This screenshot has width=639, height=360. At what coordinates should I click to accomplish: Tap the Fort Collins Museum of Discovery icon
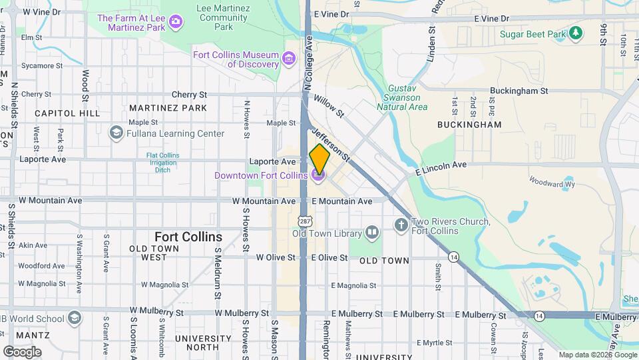click(x=289, y=59)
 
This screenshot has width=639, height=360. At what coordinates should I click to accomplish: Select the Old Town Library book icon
click(x=371, y=233)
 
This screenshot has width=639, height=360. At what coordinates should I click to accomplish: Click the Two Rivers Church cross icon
click(x=401, y=225)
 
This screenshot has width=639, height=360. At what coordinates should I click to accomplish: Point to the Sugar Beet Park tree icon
click(x=576, y=33)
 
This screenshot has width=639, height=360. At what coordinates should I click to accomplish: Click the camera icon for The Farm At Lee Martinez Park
click(x=175, y=22)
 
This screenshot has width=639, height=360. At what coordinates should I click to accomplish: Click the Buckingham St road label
click(x=519, y=91)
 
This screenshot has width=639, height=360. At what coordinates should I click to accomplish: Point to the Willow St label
click(x=329, y=105)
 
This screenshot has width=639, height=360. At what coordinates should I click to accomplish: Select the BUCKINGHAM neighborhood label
click(x=469, y=125)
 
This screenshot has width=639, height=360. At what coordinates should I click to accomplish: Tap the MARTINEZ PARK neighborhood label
click(x=168, y=108)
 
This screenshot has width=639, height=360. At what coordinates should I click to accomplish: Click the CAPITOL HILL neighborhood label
click(x=67, y=113)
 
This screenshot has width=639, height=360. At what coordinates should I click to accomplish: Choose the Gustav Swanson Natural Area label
click(x=402, y=97)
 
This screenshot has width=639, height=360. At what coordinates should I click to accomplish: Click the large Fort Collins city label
click(x=188, y=237)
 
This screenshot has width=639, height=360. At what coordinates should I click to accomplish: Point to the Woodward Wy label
click(x=552, y=181)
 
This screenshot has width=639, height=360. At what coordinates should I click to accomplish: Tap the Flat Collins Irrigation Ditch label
click(x=162, y=163)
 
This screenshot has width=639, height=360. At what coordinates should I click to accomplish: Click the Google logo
click(x=22, y=351)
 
